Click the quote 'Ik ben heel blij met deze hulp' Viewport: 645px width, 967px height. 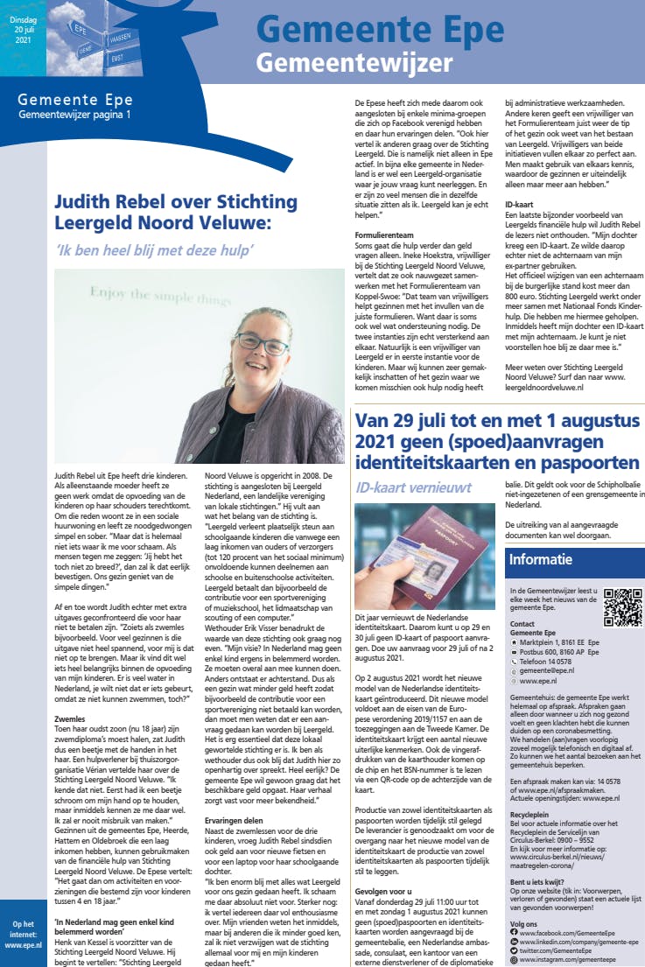[x=153, y=250]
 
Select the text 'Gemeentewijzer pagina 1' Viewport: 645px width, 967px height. [x=75, y=115]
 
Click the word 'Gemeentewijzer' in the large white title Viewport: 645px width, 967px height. [x=354, y=63]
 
